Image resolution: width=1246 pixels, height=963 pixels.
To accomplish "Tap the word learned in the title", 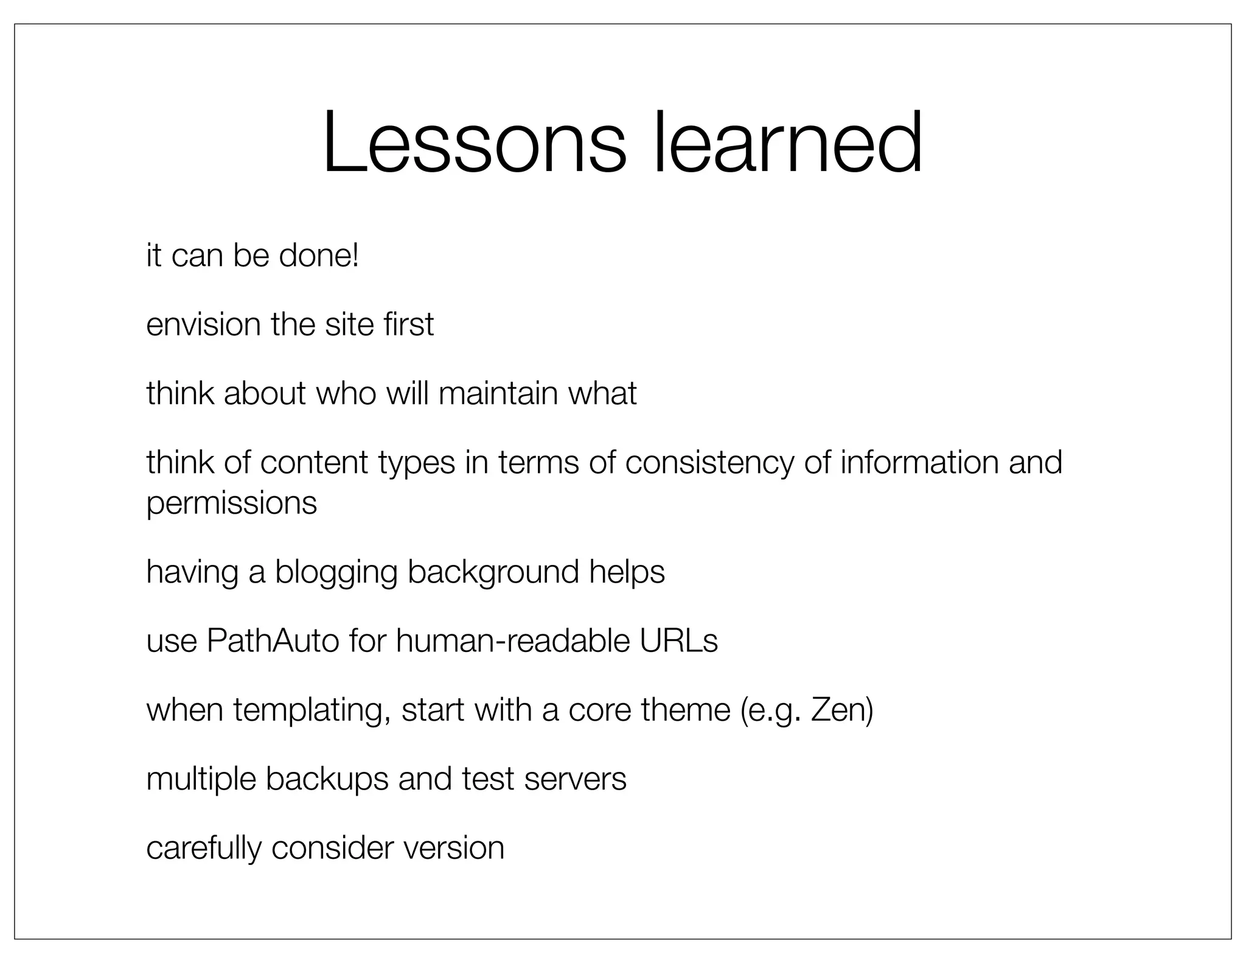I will pyautogui.click(x=788, y=143).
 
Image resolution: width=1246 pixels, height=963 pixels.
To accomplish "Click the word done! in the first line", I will pyautogui.click(x=319, y=255).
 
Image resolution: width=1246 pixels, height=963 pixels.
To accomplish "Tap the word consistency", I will pyautogui.click(x=709, y=463).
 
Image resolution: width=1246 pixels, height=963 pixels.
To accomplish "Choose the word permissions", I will pyautogui.click(x=232, y=503).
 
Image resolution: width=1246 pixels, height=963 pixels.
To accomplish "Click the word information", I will pyautogui.click(x=919, y=463).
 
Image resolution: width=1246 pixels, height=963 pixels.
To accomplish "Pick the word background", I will pyautogui.click(x=493, y=573).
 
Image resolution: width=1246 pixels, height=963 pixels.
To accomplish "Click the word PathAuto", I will pyautogui.click(x=273, y=641).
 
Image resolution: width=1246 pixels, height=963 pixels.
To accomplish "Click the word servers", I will pyautogui.click(x=575, y=780).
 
